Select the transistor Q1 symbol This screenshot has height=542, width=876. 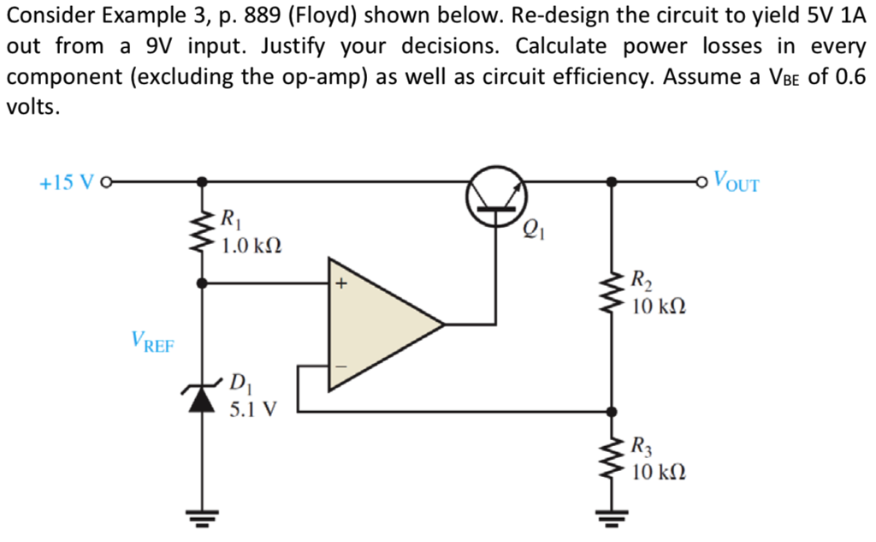(496, 200)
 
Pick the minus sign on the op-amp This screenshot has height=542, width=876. (340, 366)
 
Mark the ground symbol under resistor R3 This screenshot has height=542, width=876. (613, 516)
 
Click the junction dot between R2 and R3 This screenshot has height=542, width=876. (613, 410)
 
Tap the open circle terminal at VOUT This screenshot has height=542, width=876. (702, 182)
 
